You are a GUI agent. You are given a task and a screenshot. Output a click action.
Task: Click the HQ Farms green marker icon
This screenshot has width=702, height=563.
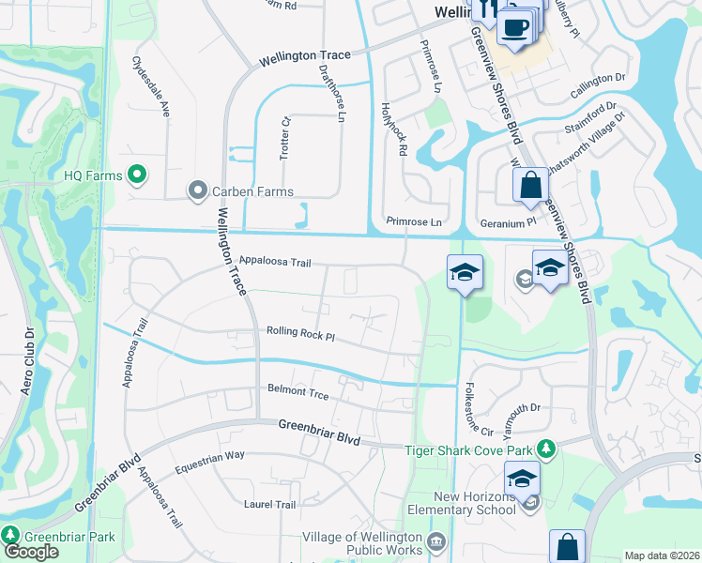[137, 174]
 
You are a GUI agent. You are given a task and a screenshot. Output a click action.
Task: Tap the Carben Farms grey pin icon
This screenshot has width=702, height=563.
[197, 191]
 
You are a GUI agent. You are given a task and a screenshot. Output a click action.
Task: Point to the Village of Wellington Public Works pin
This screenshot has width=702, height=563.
[435, 542]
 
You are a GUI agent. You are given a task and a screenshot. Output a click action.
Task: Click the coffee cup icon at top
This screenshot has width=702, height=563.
[513, 27]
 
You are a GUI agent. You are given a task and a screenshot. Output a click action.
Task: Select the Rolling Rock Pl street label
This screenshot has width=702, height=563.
[300, 332]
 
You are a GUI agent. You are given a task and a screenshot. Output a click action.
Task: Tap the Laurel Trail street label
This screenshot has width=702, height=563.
[269, 504]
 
